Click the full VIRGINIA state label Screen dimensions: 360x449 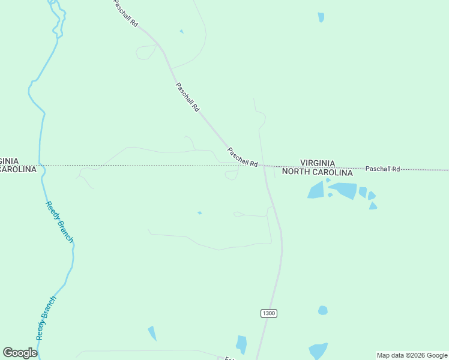coord(318,163)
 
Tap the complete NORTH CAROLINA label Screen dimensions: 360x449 coord(318,172)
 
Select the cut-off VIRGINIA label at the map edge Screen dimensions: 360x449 coord(9,161)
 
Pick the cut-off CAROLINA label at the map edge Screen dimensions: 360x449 coord(18,170)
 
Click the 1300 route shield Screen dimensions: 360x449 coord(269,313)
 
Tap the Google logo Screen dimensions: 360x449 coord(20,353)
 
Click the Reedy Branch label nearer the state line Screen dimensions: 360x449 coord(59,221)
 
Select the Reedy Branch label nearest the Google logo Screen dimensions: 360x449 coord(46,318)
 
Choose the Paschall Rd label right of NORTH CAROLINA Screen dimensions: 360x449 coord(382,169)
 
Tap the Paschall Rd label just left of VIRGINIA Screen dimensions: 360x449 coord(243,157)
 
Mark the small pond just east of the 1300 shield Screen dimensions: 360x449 coord(322,310)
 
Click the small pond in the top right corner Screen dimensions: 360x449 coord(321,17)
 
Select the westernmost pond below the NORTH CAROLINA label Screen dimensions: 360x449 coord(316,191)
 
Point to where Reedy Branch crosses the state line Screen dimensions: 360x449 coord(40,165)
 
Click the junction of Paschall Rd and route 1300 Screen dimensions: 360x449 coord(263,166)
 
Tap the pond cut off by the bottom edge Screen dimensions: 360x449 coord(318,351)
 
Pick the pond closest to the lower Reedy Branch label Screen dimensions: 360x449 coord(152,333)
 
